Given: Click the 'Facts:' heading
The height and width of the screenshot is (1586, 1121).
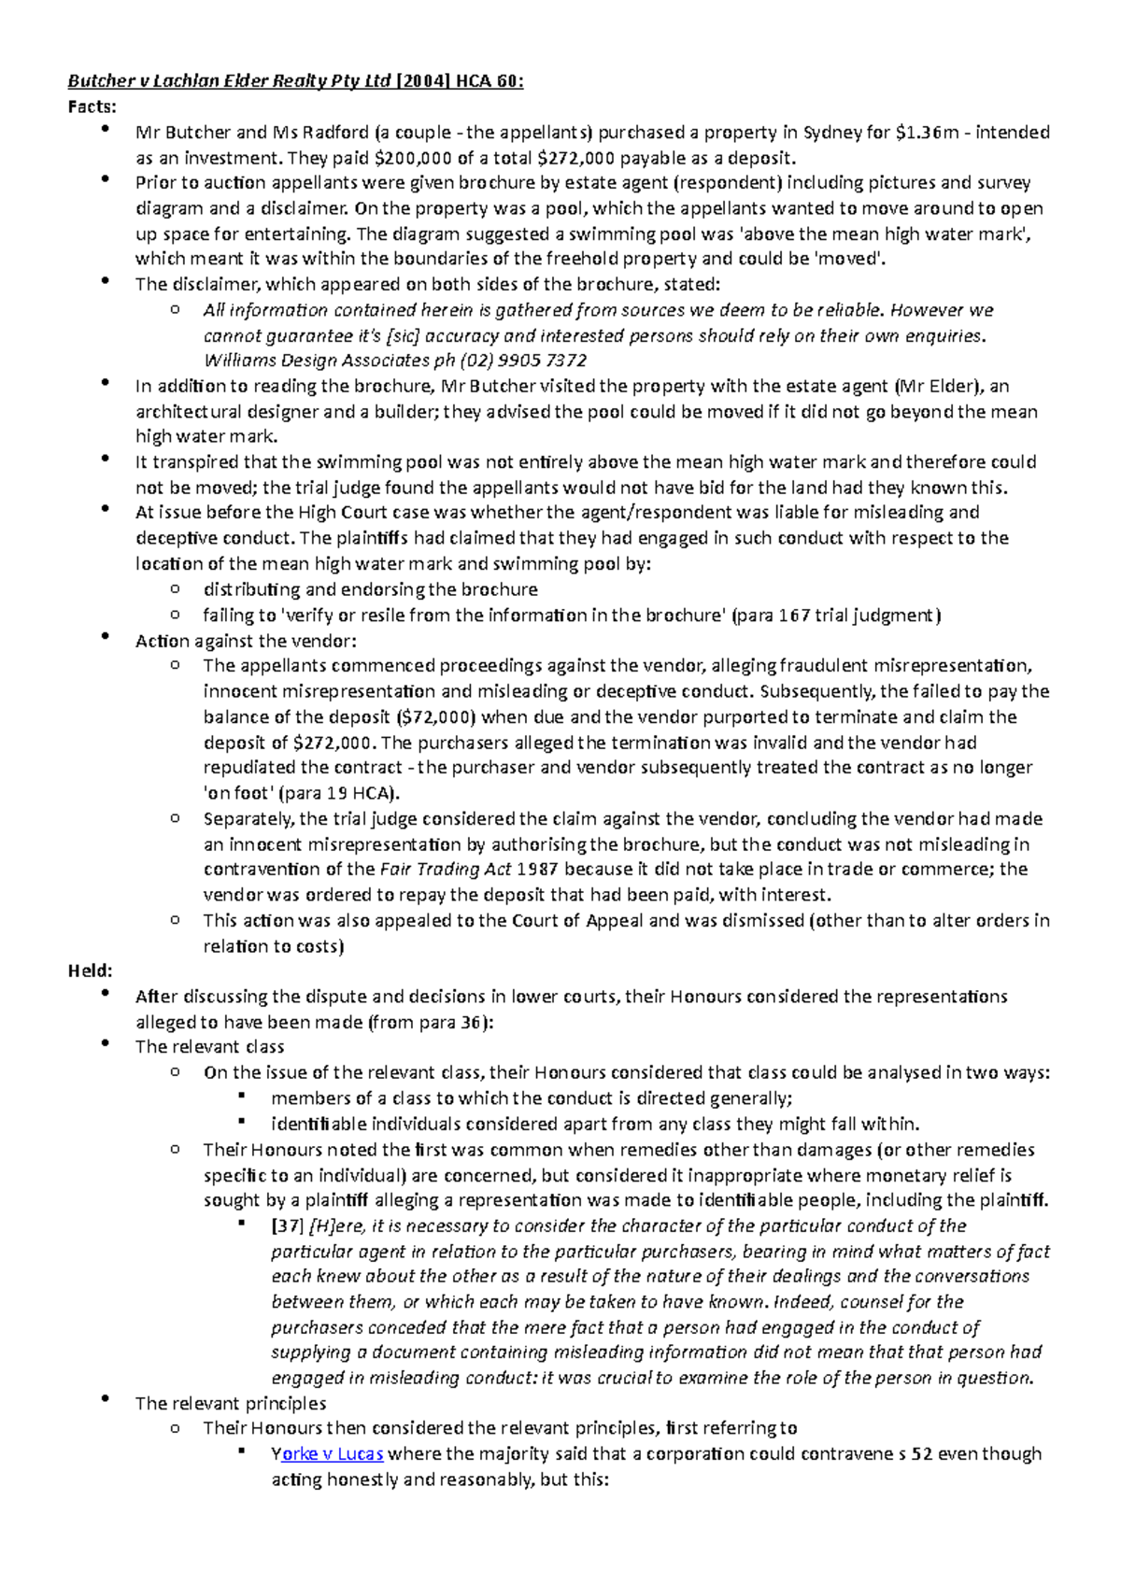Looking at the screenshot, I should [92, 106].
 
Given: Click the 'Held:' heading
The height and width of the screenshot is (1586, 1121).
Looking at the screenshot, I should [90, 970].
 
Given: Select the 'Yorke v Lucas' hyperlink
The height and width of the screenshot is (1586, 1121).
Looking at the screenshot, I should [327, 1453].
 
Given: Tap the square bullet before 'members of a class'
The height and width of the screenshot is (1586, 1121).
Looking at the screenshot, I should [241, 1096].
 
